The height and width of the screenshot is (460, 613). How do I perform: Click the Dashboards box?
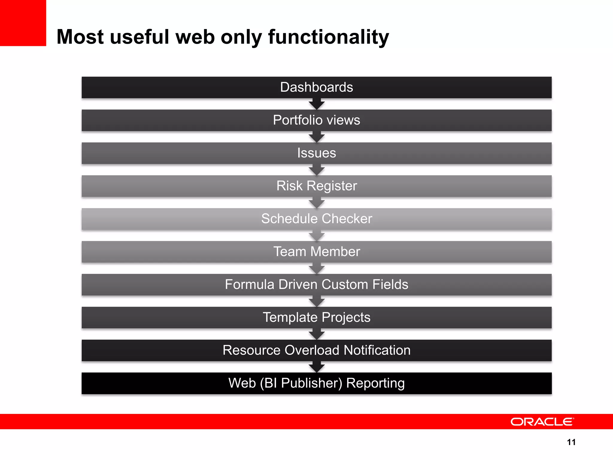(x=316, y=87)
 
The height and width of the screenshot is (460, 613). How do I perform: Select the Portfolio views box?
(x=316, y=120)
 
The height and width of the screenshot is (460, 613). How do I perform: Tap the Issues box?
(x=316, y=153)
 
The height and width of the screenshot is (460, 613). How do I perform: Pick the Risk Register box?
(x=316, y=186)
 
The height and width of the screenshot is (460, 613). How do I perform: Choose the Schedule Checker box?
(x=316, y=219)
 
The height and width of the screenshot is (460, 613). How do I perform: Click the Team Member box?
(x=316, y=252)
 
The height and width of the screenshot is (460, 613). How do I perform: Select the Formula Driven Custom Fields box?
(x=316, y=285)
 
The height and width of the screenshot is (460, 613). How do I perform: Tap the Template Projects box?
(x=316, y=317)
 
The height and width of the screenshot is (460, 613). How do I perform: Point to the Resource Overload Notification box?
(x=316, y=350)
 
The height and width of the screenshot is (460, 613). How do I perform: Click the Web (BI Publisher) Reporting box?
(x=316, y=383)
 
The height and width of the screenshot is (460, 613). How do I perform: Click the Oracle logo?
(x=542, y=422)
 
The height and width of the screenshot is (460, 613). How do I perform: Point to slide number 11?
(x=571, y=442)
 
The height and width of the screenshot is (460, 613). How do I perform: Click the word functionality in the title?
(x=328, y=37)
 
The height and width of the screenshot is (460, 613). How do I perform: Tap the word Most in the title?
(x=80, y=37)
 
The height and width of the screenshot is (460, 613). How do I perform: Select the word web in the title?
(x=195, y=37)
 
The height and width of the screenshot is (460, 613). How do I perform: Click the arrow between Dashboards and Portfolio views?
(x=317, y=105)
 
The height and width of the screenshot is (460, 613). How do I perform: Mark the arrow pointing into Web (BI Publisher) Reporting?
(x=317, y=367)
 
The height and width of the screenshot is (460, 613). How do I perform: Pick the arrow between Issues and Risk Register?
(x=317, y=170)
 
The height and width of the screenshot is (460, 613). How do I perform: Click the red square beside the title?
(x=23, y=23)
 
